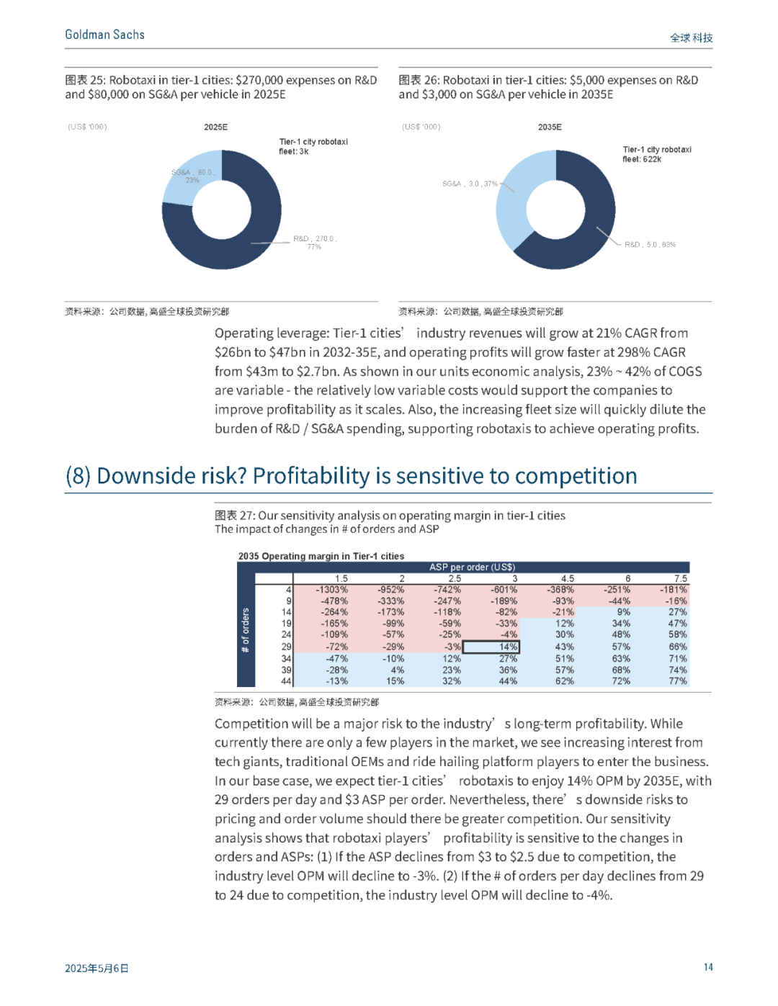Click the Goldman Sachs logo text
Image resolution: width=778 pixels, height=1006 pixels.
coord(104,35)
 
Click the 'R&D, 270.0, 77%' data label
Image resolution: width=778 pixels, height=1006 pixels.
coord(315,243)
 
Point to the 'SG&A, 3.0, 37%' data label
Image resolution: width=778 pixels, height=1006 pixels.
coord(470,184)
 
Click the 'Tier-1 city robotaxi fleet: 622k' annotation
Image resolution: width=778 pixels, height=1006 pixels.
coord(657,154)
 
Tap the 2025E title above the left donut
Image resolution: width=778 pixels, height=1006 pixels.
coord(216,127)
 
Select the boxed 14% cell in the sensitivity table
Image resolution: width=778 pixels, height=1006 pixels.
coord(491,647)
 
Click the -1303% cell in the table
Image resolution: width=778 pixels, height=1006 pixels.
coord(331,590)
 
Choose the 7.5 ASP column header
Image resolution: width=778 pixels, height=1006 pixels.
coord(681,578)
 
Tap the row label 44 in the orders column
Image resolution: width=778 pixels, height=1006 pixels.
coord(287,681)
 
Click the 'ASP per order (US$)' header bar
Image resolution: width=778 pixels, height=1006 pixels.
coord(472,567)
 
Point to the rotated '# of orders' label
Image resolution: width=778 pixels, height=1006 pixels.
coord(246,631)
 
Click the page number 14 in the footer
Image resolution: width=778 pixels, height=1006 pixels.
coord(708,967)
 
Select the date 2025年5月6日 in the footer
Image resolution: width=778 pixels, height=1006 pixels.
coord(97,968)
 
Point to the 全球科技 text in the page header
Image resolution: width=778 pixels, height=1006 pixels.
coord(691,38)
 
